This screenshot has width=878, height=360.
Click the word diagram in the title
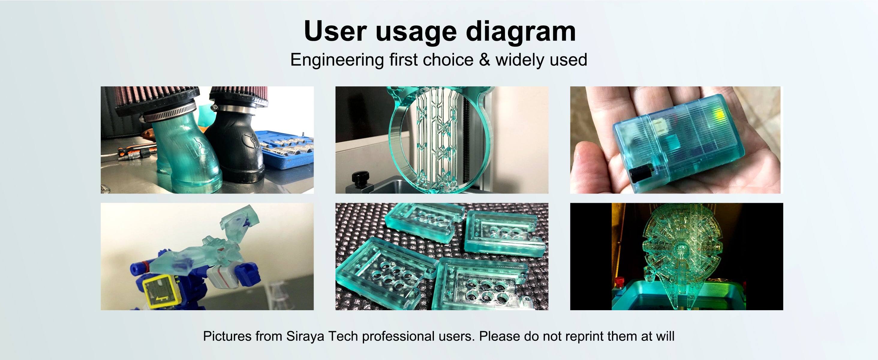click(x=521, y=31)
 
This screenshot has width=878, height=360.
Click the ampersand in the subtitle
click(x=484, y=60)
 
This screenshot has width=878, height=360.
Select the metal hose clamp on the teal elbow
click(x=169, y=113)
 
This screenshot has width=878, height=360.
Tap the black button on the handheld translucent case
click(x=641, y=172)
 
